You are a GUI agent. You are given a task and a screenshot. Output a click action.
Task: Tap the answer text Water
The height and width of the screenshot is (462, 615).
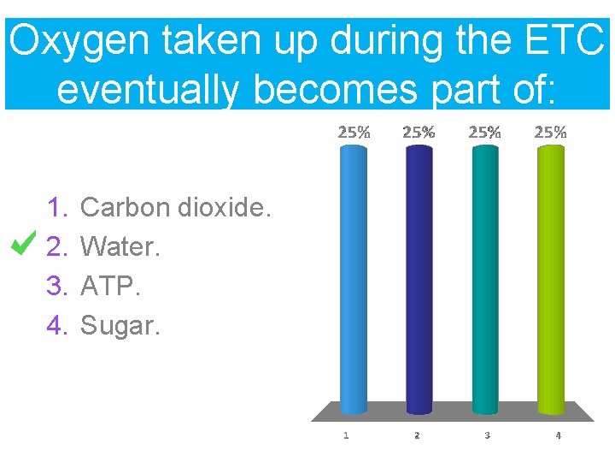[x=120, y=246]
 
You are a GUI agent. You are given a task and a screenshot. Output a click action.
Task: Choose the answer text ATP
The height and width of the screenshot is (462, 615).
[x=109, y=286]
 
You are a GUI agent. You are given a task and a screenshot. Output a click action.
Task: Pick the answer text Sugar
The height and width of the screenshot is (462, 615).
[x=120, y=325]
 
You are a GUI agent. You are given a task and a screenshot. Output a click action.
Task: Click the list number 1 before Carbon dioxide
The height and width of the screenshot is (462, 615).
[x=57, y=207]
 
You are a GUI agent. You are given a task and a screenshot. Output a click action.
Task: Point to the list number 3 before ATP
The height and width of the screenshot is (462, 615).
[x=57, y=286]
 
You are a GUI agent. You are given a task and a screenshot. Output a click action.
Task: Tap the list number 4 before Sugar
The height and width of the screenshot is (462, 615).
[x=57, y=325]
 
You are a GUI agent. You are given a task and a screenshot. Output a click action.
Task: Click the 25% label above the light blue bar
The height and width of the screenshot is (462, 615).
[x=354, y=133]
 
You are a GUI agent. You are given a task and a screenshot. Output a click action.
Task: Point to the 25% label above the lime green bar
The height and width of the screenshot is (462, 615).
[x=550, y=133]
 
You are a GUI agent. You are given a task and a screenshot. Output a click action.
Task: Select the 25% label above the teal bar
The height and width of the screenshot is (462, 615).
[x=484, y=133]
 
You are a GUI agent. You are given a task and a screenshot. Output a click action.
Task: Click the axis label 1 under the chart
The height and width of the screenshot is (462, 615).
[x=346, y=435]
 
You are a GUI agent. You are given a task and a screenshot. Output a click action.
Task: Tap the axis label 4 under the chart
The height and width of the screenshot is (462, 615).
[x=558, y=435]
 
